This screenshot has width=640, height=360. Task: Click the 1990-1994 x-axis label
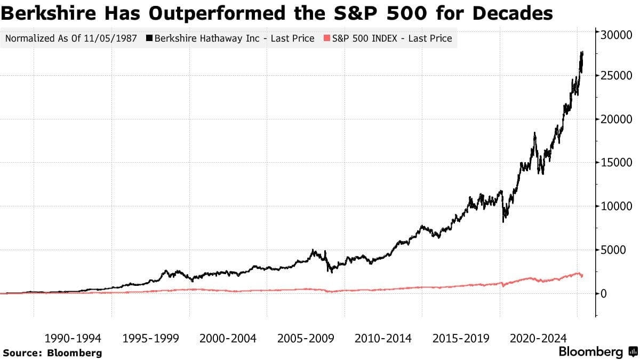point(73,338)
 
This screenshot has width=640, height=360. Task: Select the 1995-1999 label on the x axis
point(150,338)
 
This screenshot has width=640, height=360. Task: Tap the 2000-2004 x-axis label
point(228,338)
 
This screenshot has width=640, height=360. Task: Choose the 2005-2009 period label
point(306,338)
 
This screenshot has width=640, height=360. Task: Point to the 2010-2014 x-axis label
point(383,338)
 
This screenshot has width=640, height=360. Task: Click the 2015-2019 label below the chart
point(461,338)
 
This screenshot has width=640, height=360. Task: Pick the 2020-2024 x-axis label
point(538,338)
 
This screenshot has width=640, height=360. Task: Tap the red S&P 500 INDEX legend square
point(326,38)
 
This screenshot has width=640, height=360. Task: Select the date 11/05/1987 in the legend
point(116,38)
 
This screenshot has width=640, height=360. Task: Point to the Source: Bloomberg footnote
point(52,353)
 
